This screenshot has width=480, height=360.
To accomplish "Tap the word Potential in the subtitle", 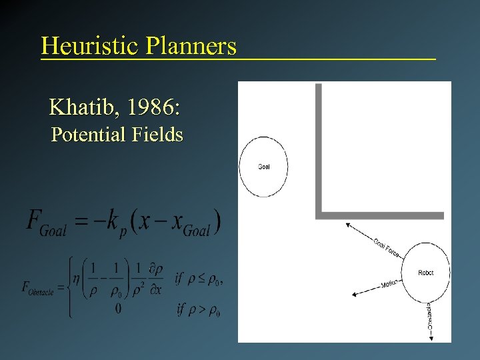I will coord(91,135).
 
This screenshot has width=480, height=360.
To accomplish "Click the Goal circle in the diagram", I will coord(263,167).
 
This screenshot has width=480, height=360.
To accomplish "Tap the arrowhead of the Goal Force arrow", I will coord(347,225).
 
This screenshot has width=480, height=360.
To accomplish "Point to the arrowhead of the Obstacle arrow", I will coord(430,337).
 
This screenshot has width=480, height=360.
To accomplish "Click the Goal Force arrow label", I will coord(386,247).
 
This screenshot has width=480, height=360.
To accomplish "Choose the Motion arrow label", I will coord(389,285).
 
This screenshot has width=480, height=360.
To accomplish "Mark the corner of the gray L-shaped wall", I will coord(319,215).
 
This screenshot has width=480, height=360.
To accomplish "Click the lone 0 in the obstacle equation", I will coord(119,309).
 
